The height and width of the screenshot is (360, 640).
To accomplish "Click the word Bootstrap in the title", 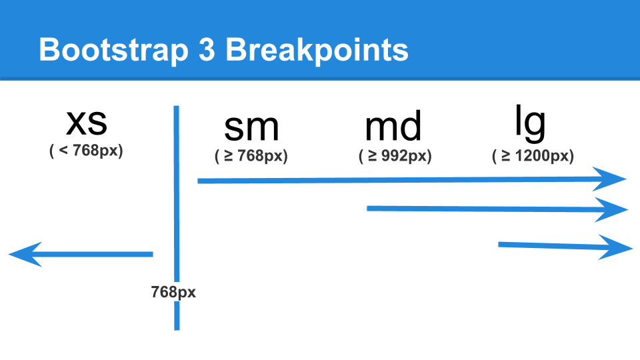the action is coord(113,51).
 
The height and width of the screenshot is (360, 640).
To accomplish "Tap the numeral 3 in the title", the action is coord(207,50).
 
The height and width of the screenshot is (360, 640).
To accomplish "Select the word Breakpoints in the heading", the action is coord(317,51).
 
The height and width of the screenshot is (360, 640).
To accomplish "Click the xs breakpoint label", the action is coord(87,123).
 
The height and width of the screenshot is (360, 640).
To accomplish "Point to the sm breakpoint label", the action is coord(251,127).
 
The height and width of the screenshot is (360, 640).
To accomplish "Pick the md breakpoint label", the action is coord(393,126).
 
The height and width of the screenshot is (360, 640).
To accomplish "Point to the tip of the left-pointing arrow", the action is coord(9,254).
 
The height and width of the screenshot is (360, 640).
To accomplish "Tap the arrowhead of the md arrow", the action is coord(611,210).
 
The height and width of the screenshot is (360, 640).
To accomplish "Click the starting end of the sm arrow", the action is coord(198,181).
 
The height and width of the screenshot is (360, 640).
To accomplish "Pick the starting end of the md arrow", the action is coord(367,209).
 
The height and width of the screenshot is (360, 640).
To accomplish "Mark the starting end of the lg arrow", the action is coord(499,245).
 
